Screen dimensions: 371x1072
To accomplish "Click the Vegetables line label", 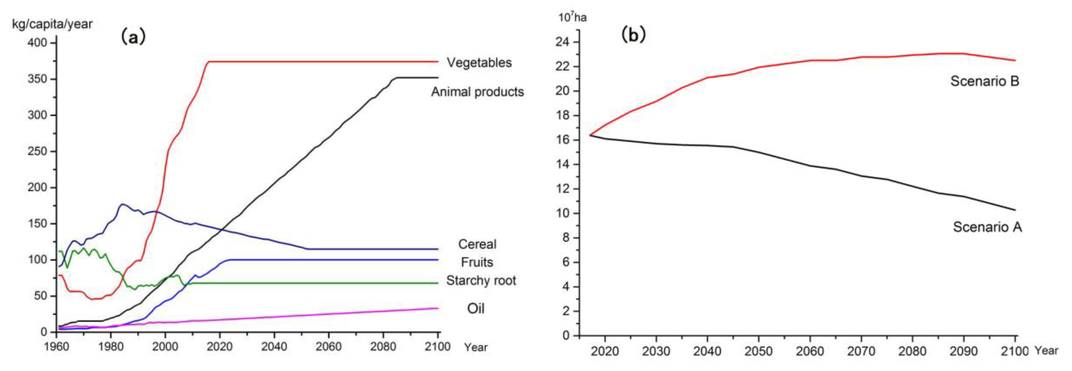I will pos(479,63).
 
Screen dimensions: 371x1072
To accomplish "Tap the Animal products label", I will pos(477,92).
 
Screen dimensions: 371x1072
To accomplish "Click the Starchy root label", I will pos(481,281).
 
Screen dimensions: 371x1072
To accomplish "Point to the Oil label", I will pos(476,309).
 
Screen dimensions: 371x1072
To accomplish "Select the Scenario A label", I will pos(987,227).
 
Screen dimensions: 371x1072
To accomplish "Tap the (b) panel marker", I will pos(633,35).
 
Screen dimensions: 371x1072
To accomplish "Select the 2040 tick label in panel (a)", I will pos(274,346).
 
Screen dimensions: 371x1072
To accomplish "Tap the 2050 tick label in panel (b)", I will pos(758,351).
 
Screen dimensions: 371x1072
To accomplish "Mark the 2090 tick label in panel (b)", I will pos(963,351).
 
